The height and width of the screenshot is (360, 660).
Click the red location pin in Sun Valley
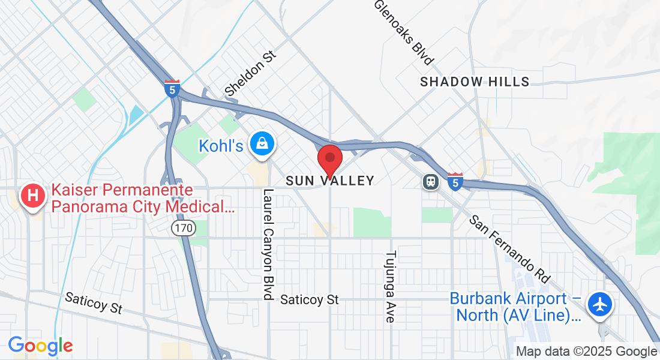tap(329, 159)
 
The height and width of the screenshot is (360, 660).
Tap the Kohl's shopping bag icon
tap(263, 145)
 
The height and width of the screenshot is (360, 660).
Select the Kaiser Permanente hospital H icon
tap(33, 196)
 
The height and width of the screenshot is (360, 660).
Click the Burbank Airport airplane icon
tap(599, 305)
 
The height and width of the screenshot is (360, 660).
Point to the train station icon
tap(430, 181)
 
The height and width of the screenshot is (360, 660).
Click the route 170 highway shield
tap(182, 228)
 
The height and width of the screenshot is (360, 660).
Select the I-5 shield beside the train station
tap(455, 181)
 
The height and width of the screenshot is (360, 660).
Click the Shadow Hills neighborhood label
tap(475, 82)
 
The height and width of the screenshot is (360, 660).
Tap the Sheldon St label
tap(251, 73)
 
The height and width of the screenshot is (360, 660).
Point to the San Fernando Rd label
tap(509, 248)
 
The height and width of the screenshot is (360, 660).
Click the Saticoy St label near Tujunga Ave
tap(310, 299)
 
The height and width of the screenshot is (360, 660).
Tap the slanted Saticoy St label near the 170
tap(94, 302)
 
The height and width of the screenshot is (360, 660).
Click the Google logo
tap(40, 346)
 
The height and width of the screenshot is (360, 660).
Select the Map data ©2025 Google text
tap(587, 352)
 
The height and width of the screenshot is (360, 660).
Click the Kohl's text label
tap(221, 145)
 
